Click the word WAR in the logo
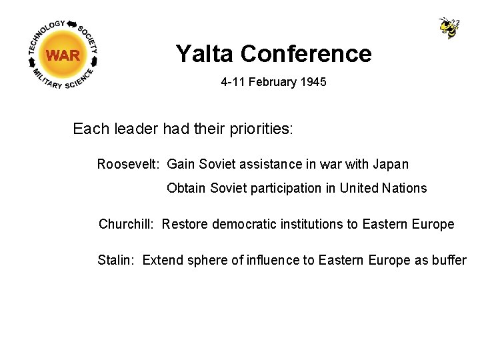pos(63,55)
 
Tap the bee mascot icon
pos(449,28)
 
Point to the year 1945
pos(312,83)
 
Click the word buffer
pos(449,260)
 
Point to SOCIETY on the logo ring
pos(89,39)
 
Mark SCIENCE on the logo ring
pos(84,77)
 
